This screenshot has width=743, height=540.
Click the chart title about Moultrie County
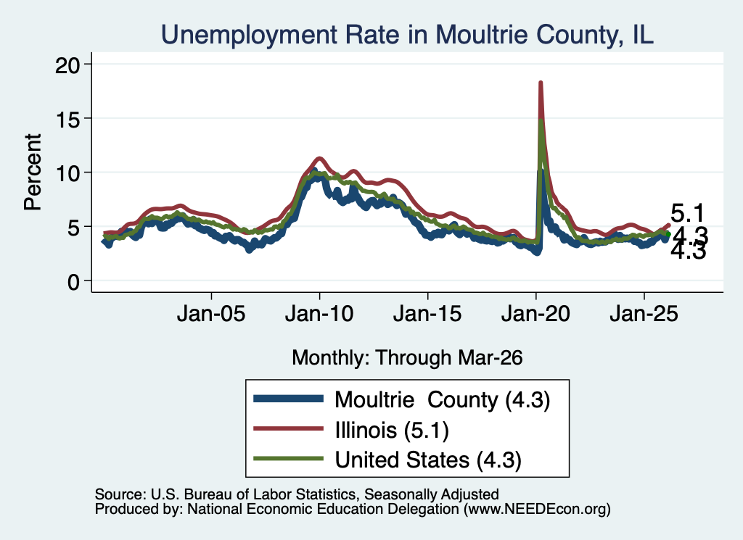click(x=408, y=35)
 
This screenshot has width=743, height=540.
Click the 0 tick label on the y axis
click(x=74, y=281)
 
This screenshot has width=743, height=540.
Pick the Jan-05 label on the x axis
click(x=211, y=313)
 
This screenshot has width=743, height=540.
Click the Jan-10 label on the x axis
click(x=319, y=313)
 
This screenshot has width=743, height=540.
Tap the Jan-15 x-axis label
click(x=427, y=313)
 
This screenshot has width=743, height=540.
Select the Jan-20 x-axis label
click(x=535, y=313)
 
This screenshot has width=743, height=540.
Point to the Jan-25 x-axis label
click(x=644, y=313)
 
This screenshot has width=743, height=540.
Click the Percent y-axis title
click(x=33, y=172)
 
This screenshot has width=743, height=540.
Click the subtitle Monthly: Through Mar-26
click(x=407, y=358)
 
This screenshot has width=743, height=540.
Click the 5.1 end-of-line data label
click(x=688, y=214)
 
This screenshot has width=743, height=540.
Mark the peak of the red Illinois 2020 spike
click(x=540, y=83)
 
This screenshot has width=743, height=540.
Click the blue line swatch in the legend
click(x=288, y=399)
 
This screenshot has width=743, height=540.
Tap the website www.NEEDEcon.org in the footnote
click(x=537, y=510)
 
